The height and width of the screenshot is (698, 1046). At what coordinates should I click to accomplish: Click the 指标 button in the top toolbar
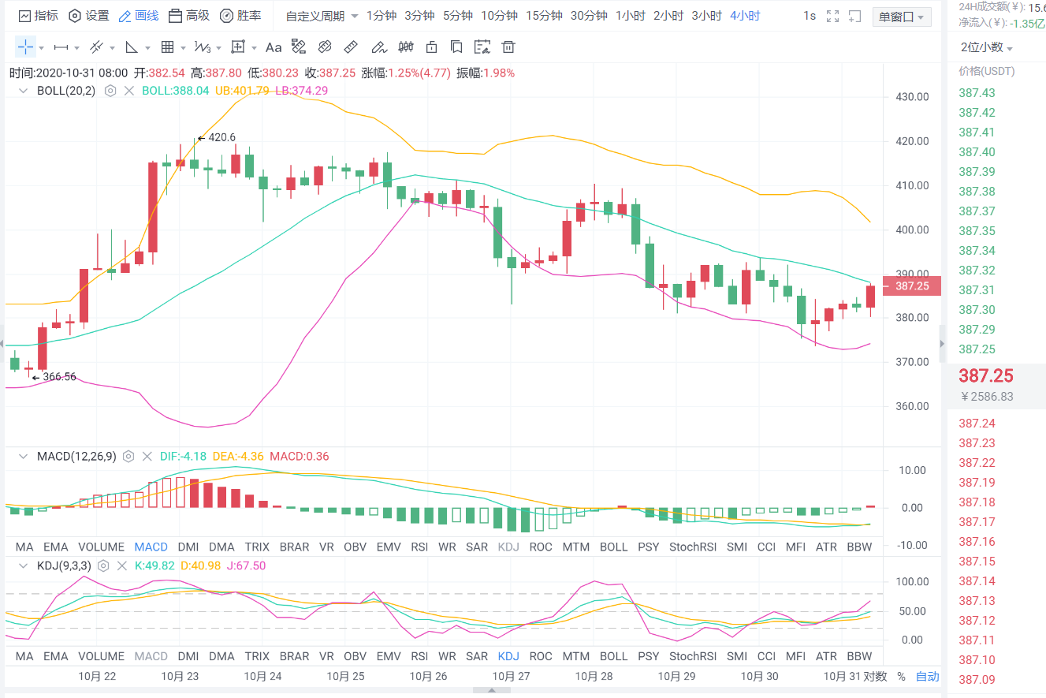point(38,16)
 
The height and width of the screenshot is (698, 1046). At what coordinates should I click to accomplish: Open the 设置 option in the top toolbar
point(89,16)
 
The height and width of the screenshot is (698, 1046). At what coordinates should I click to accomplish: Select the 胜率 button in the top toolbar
point(240,16)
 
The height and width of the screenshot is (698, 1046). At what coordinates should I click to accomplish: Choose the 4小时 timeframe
point(745,16)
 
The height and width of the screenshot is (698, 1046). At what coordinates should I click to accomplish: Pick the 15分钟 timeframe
point(544,16)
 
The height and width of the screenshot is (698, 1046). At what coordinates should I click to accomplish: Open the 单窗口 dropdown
point(901,17)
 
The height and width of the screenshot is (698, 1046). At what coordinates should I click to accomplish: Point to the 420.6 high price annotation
point(221,137)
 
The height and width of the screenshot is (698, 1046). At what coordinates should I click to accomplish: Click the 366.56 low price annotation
point(58,377)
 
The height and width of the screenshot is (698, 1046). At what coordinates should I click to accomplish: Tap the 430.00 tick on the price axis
point(913,97)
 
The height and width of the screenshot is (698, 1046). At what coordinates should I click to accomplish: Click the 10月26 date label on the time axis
point(429,676)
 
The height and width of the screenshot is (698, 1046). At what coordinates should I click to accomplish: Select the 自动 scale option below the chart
point(927,676)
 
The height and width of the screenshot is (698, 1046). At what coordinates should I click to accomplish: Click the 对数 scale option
point(875,676)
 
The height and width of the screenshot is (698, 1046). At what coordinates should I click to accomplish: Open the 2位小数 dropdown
point(986,47)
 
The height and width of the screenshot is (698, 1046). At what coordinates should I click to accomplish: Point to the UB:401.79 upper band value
point(242,91)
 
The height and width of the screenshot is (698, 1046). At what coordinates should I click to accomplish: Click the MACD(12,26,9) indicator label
point(76,456)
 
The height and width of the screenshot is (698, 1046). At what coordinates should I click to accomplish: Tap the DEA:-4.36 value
point(240,456)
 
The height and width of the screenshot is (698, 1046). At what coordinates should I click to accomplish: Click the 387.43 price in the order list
point(977,92)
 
